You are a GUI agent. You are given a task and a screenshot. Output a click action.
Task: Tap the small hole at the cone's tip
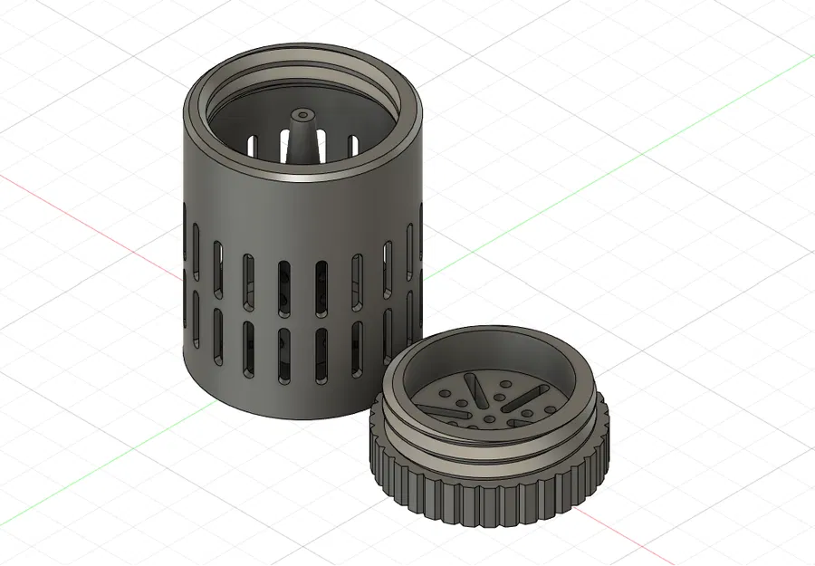[x=301, y=116]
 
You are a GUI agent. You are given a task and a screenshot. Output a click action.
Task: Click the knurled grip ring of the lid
[x=489, y=494]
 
